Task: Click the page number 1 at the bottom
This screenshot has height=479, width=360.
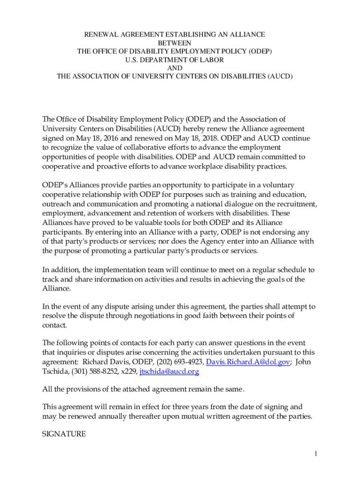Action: click(316, 453)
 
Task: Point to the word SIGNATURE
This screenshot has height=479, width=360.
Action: click(64, 434)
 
